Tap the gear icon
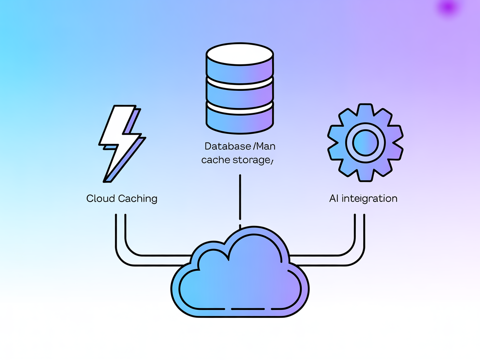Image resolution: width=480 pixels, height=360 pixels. coord(365,142)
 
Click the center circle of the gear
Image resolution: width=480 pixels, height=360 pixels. coord(365,142)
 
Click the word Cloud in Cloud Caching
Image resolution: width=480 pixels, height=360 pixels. coord(100,198)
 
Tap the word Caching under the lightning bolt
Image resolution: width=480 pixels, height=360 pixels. coord(137,199)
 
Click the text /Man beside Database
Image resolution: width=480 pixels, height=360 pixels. coord(264,147)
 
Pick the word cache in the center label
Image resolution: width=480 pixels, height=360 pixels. coord(213,160)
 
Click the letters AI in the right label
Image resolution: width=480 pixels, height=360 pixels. coord(334,198)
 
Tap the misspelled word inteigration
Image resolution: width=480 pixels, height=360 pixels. coord(369,199)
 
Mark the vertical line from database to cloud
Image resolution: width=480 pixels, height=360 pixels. coord(240,198)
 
